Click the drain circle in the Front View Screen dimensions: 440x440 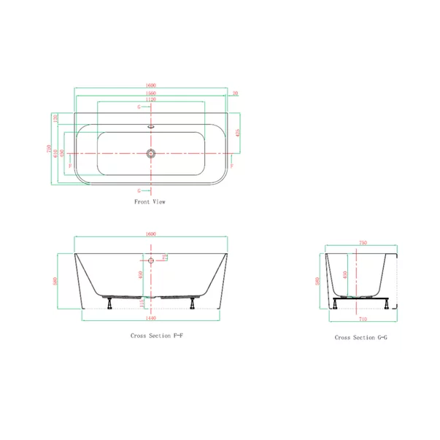[150, 154]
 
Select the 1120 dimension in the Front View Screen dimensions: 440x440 [150, 100]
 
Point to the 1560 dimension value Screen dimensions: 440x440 [150, 93]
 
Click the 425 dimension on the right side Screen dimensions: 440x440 [239, 133]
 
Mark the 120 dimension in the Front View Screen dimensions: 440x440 [56, 117]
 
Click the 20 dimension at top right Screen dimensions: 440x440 [234, 93]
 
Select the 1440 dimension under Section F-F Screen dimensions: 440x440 [151, 319]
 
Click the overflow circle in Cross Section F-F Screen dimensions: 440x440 [150, 260]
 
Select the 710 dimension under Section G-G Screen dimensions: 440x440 [361, 319]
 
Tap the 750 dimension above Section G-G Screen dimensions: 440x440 [361, 244]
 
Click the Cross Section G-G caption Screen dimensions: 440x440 [360, 338]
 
